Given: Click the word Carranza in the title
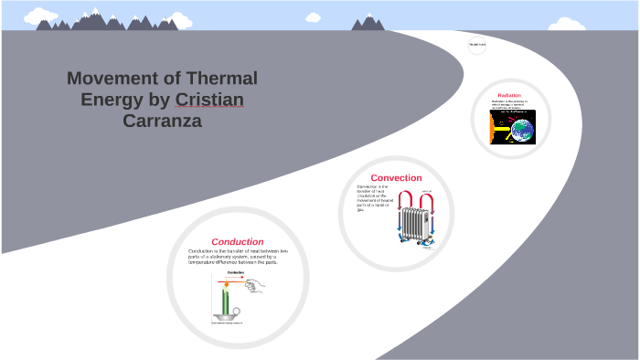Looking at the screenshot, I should point(161,120).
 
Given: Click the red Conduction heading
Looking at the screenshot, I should point(237,241).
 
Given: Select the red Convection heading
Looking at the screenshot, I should point(396,177).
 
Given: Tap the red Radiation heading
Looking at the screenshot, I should point(509,95).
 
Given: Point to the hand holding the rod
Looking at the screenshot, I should point(257,285).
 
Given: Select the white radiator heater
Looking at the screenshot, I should point(415,222).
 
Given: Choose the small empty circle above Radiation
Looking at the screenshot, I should point(477,45).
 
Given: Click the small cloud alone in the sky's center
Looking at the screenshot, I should point(313,16).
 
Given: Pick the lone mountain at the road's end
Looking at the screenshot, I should point(368,22).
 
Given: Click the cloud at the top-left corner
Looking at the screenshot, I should point(38,16).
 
